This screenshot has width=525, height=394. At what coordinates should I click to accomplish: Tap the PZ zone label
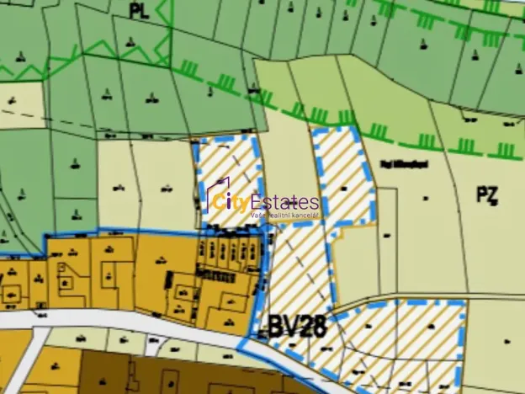pyautogui.click(x=487, y=195)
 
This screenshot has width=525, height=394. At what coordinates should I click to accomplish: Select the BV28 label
pyautogui.click(x=298, y=323)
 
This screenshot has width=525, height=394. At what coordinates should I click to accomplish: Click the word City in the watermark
pyautogui.click(x=227, y=203)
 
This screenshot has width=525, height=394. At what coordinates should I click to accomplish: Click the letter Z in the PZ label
pyautogui.click(x=493, y=195)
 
